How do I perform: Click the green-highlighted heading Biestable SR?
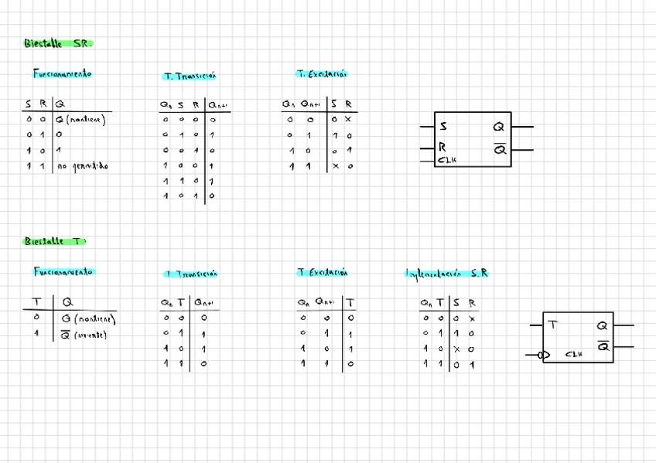[57, 44]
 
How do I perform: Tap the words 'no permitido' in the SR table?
[83, 165]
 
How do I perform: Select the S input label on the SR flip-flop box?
[443, 126]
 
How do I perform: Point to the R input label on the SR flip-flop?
[442, 147]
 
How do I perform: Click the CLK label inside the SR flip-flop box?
[447, 160]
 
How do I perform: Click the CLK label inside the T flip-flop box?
[573, 354]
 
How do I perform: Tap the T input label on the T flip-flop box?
[554, 325]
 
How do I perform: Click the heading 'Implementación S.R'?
[447, 273]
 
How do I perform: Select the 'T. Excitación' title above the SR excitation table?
[323, 74]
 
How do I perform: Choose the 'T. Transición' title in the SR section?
[190, 76]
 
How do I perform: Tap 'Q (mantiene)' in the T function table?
[88, 318]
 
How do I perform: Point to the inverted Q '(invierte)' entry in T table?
[84, 335]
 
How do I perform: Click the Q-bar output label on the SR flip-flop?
[500, 149]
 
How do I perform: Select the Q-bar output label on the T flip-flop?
[603, 346]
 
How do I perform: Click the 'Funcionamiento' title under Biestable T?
[63, 271]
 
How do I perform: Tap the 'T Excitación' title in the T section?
[323, 272]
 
